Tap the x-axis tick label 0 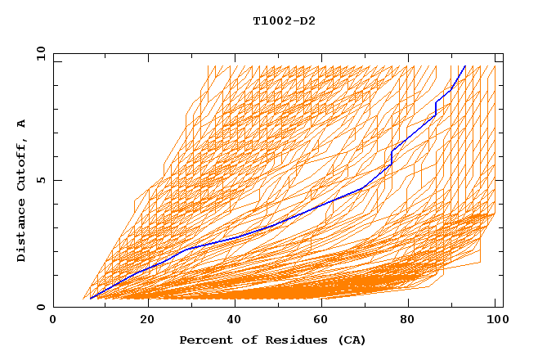point(53,321)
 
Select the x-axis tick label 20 point(148,321)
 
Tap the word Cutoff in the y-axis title point(22,164)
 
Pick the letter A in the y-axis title point(22,123)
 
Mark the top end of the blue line point(465,65)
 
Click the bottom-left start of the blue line point(90,299)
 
